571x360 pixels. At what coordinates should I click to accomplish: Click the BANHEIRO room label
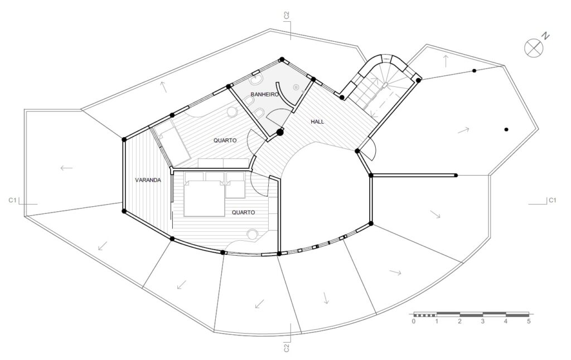(x=264, y=94)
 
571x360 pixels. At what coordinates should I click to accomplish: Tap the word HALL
(x=317, y=122)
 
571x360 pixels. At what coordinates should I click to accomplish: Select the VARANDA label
(x=148, y=180)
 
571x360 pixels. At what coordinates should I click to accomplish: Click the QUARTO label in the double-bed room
(x=243, y=212)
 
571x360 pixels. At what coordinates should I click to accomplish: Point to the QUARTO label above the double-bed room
(x=225, y=140)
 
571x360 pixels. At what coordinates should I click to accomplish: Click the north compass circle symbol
(x=534, y=48)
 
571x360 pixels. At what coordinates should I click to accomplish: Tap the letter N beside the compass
(x=545, y=36)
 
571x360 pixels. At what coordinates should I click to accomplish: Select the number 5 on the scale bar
(x=529, y=322)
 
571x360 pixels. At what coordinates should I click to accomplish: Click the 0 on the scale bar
(x=413, y=322)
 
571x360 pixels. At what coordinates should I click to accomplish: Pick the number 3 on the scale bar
(x=482, y=322)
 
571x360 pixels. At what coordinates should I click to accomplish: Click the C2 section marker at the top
(x=287, y=15)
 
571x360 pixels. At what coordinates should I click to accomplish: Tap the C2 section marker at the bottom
(x=287, y=348)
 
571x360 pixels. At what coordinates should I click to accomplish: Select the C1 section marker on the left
(x=13, y=200)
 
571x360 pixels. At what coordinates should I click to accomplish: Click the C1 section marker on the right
(x=553, y=200)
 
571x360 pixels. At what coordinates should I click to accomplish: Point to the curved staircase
(x=383, y=87)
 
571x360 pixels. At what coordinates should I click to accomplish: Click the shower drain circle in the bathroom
(x=296, y=87)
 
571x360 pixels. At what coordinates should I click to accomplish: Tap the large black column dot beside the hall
(x=280, y=133)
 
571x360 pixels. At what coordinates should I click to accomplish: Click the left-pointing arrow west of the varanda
(x=67, y=168)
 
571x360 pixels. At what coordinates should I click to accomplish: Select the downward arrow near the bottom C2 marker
(x=326, y=298)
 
